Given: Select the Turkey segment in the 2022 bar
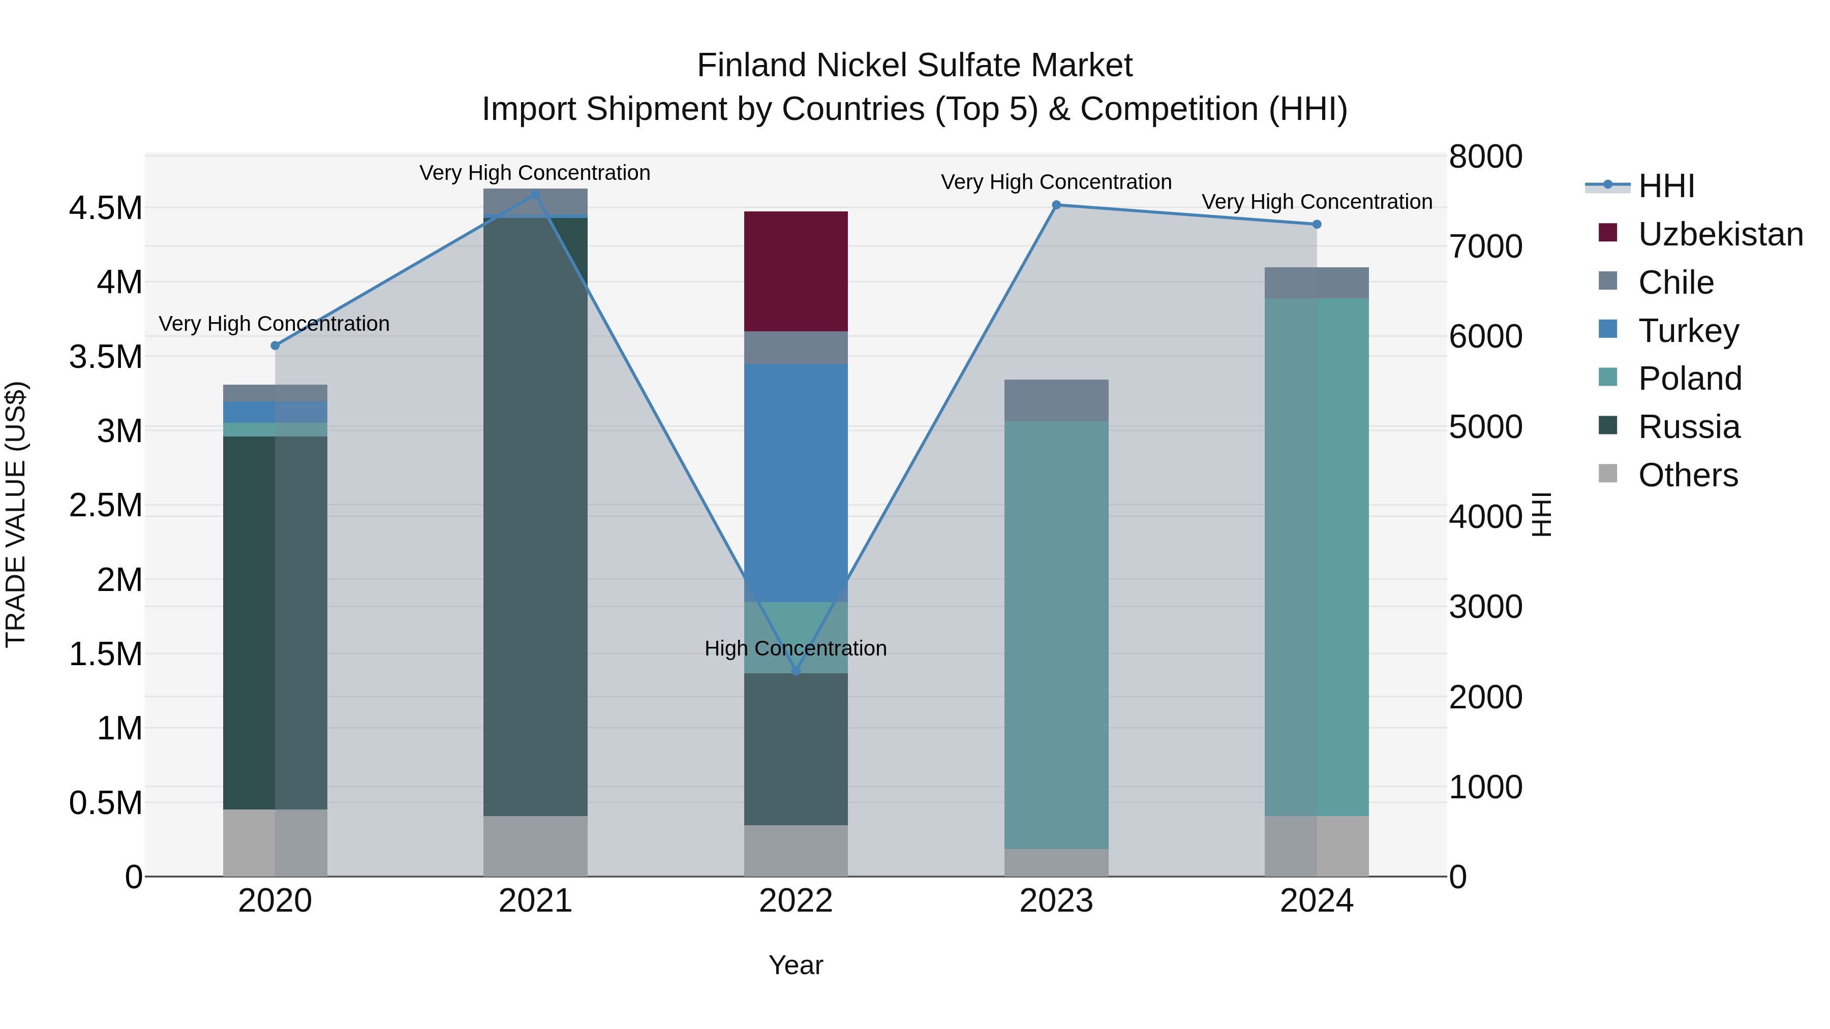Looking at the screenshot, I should point(796,483).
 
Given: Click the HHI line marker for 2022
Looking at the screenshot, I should point(796,671).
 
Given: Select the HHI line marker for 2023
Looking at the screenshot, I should point(1056,205).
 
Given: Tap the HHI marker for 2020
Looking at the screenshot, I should point(275,346).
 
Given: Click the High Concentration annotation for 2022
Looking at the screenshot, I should point(796,648).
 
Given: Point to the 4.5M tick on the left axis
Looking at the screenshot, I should point(105,209).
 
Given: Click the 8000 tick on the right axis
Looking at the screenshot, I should point(1485,157).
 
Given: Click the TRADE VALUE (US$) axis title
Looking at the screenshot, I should point(16,514).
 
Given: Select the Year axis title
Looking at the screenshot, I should point(796,965).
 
